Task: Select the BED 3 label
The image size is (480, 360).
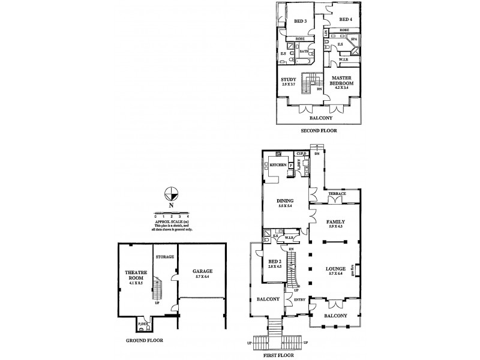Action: coord(301,22)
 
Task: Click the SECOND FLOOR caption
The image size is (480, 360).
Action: coord(319,130)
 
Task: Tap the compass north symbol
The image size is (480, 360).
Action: coord(171,194)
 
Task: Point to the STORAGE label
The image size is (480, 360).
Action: coord(165,257)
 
